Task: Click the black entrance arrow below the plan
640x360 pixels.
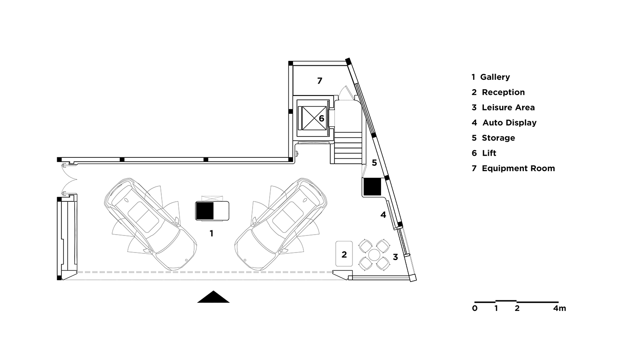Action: pos(213,297)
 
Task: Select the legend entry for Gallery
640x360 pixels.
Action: pos(491,77)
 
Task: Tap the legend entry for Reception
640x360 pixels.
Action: pos(498,93)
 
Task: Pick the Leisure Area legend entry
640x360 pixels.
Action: pos(503,107)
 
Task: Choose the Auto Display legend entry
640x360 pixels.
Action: pos(504,123)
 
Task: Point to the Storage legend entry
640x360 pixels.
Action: pos(493,138)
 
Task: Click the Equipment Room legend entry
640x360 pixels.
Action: pos(513,168)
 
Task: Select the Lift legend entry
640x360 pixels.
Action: pos(484,153)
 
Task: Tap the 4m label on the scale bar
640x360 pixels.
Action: pos(559,308)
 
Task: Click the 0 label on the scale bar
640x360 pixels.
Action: pos(475,308)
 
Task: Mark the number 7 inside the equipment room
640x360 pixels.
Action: pos(320,81)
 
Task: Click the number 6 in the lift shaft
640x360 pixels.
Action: pos(321,118)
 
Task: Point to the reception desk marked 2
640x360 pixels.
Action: pos(344,254)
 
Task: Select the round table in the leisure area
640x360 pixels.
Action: pos(374,255)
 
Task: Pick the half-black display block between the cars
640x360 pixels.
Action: pos(212,211)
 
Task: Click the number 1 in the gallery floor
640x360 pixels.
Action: pos(211,234)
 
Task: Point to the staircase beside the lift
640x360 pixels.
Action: pos(348,147)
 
